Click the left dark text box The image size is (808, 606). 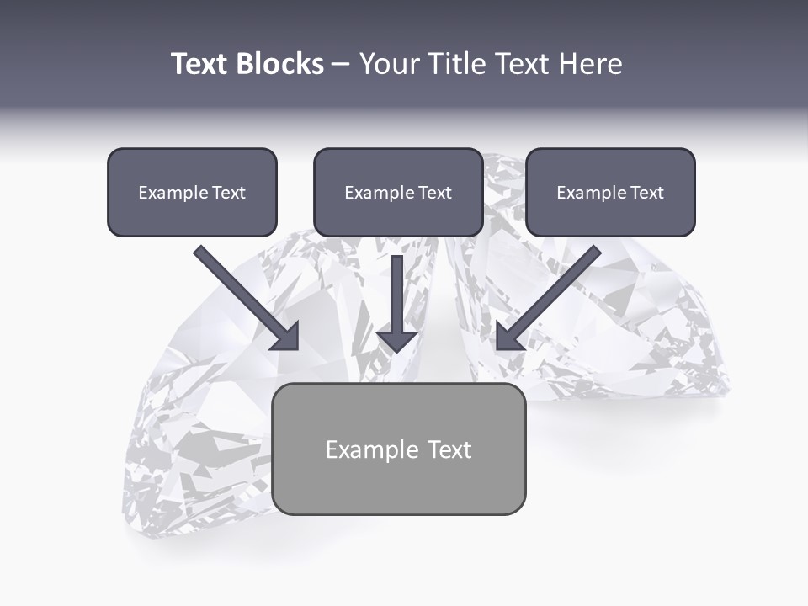coord(192,192)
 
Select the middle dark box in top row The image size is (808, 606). coord(398,192)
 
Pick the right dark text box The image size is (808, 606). coord(610,192)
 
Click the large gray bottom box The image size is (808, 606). coord(399,449)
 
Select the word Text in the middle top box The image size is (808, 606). coord(435,193)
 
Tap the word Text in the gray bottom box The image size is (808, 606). coord(449,449)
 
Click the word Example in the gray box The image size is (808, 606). coord(371,450)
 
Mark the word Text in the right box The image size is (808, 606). coord(647,193)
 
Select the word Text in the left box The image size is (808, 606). coord(229,193)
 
